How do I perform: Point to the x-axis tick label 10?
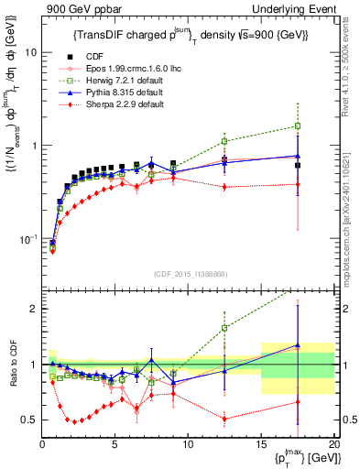(188, 444)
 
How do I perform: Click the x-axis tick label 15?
(261, 444)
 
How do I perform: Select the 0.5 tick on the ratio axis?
(29, 420)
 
